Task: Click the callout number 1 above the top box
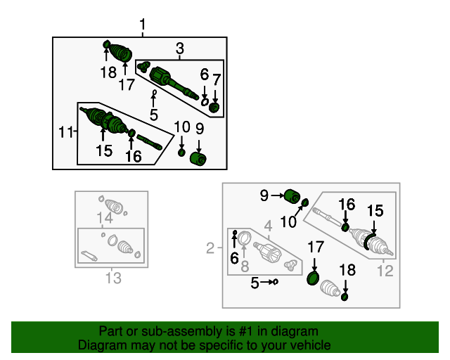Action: (x=143, y=25)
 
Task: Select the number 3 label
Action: (x=180, y=49)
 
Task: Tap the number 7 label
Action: (x=217, y=80)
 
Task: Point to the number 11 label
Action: (x=65, y=132)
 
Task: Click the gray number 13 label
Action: (x=113, y=278)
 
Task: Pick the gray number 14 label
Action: (x=105, y=217)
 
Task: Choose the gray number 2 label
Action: (x=210, y=247)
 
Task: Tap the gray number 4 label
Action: (x=268, y=226)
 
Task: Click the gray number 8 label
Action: (x=245, y=266)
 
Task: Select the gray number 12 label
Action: (x=385, y=271)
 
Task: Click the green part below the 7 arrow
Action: (x=214, y=108)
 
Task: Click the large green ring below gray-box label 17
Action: (x=313, y=278)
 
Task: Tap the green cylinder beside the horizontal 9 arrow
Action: (x=292, y=196)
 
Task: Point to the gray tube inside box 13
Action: (x=89, y=255)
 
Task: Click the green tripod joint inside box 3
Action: (x=143, y=67)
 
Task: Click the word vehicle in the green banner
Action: (x=311, y=345)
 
